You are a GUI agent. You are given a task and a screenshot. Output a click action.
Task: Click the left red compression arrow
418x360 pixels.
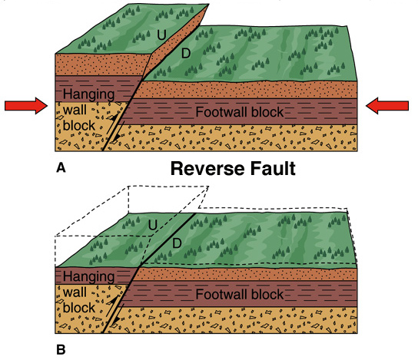pos(26,106)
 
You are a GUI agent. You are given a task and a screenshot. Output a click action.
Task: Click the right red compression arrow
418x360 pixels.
pos(387,106)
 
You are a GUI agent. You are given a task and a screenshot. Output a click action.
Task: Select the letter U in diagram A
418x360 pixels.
pos(161,35)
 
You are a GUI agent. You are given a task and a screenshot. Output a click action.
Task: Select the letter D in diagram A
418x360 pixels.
pos(186,53)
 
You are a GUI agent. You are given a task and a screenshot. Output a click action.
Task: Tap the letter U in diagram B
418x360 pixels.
pos(152,225)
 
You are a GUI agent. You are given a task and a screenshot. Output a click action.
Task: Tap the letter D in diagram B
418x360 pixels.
pos(177,243)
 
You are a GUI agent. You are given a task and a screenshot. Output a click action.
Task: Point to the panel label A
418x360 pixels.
pos(61,168)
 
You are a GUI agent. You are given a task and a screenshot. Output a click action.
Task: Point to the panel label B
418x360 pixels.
pos(61,349)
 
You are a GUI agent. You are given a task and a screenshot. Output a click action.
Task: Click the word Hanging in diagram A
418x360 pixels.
pos(89,95)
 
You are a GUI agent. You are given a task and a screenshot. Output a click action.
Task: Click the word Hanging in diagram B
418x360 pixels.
pos(89,277)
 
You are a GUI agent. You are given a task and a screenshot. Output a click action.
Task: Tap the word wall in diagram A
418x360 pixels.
pos(75,110)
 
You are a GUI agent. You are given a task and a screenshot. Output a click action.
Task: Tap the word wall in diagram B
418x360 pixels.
pos(75,292)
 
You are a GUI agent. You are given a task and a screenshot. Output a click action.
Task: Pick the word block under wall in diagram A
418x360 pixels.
pos(79,125)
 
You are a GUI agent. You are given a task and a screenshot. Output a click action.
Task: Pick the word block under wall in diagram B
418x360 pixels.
pos(79,308)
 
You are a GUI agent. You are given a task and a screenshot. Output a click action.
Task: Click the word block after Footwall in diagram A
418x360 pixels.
pos(267,112)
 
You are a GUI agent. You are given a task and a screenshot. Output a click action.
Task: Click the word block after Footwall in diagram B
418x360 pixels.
pos(267,294)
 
